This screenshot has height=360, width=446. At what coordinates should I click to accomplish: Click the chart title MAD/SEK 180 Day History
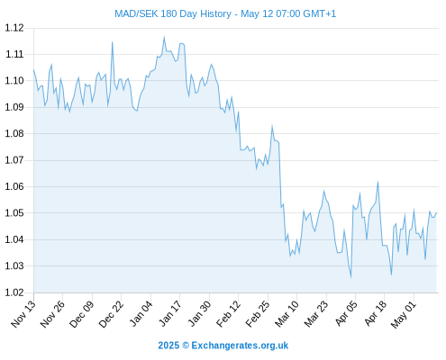coord(173,13)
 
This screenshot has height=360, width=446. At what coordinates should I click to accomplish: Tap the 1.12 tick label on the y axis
coord(14,28)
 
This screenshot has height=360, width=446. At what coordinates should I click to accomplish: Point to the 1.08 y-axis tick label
coord(14,133)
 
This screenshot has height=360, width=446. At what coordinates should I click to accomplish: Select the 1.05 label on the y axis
coord(14,213)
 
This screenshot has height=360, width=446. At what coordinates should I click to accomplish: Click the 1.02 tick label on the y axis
coord(14,292)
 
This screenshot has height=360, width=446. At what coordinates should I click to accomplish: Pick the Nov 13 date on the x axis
coord(23,314)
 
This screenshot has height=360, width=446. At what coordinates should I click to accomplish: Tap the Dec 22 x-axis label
coord(111,314)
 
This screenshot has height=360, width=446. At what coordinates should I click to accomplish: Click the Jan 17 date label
coord(170,314)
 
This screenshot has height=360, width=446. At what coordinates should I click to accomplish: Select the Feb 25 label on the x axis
coord(258,314)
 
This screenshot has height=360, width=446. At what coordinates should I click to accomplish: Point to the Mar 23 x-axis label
coord(316,314)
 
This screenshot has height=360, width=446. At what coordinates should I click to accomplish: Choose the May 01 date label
coord(404,314)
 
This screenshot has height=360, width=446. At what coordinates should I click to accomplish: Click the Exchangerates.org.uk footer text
coord(240,346)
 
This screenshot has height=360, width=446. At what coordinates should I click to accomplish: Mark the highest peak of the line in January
coord(164,37)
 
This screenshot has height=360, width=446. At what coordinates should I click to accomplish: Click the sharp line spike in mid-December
coord(113,42)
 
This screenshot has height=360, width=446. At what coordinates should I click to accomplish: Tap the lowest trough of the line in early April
coord(350,277)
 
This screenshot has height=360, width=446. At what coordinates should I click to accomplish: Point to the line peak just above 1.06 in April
coord(378,182)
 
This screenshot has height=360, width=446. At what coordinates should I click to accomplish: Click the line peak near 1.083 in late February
coord(272,126)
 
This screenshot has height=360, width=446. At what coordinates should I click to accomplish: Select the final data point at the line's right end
coord(436,212)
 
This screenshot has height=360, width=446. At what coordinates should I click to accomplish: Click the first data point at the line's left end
coord(33,70)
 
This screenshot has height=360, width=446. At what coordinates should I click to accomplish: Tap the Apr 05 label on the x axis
coord(346,314)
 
